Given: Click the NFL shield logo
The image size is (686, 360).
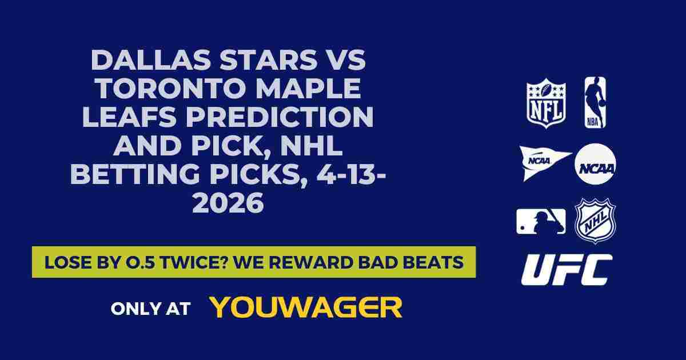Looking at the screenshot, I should tap(546, 102).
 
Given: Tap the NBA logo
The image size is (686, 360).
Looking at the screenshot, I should tap(595, 102).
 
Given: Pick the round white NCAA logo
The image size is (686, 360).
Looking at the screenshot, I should tap(595, 164).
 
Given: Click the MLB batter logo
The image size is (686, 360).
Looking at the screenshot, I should tap(541, 221).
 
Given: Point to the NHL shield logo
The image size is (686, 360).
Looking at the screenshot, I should tap(595, 221).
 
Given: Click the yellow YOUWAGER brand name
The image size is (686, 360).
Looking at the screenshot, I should tap(306, 307).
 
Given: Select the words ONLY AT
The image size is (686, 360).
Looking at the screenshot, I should tap(150, 309).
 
